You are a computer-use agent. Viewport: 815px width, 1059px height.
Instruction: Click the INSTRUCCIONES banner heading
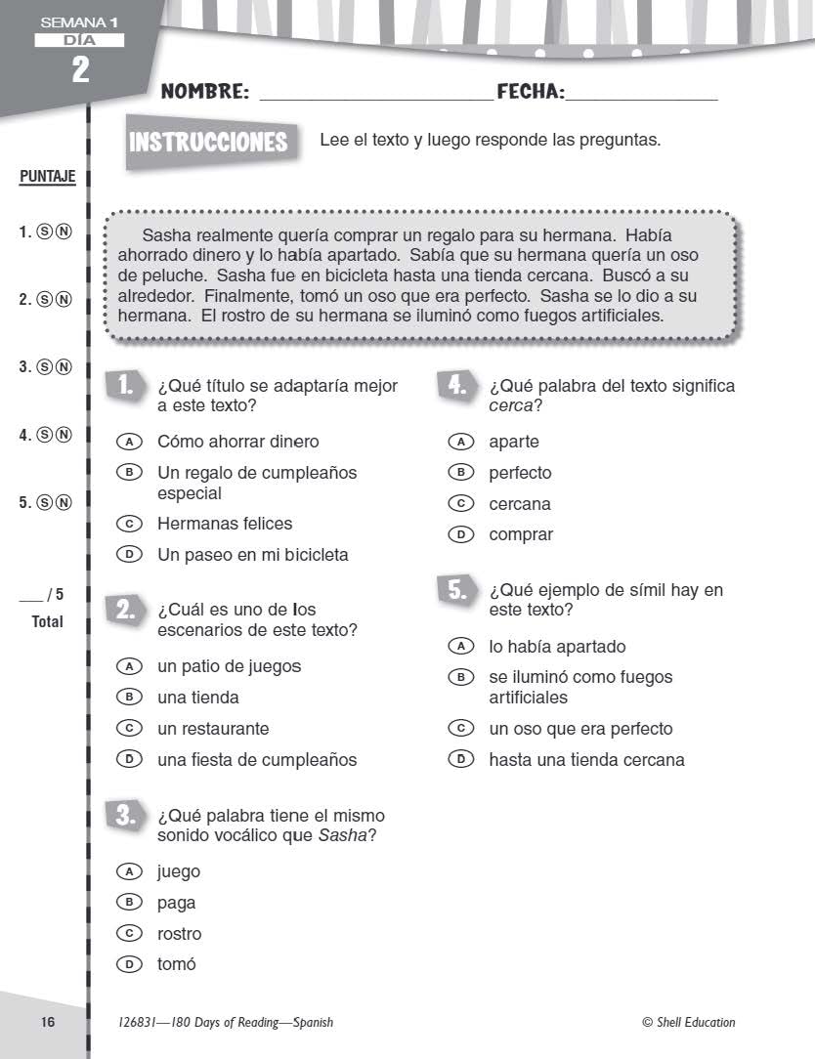click(208, 143)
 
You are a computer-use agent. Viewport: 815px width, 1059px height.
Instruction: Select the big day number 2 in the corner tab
click(79, 69)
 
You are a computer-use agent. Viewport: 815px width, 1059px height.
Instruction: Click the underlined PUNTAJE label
click(47, 178)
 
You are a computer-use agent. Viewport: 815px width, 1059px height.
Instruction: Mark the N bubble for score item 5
click(64, 503)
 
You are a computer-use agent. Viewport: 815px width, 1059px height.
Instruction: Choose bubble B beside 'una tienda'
click(125, 698)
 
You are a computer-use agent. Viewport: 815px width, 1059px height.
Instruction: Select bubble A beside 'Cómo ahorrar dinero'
click(125, 442)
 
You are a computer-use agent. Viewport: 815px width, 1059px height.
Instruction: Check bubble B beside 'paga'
click(125, 903)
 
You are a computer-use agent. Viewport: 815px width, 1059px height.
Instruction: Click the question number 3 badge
click(124, 815)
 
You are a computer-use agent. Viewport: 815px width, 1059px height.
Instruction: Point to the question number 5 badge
click(456, 589)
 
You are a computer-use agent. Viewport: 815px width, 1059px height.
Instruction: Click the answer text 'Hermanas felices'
click(225, 524)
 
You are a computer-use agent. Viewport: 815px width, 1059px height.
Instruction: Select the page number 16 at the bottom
click(48, 1022)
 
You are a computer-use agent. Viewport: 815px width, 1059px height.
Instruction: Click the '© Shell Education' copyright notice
click(688, 1022)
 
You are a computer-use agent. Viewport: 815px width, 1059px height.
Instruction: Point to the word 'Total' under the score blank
click(47, 621)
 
